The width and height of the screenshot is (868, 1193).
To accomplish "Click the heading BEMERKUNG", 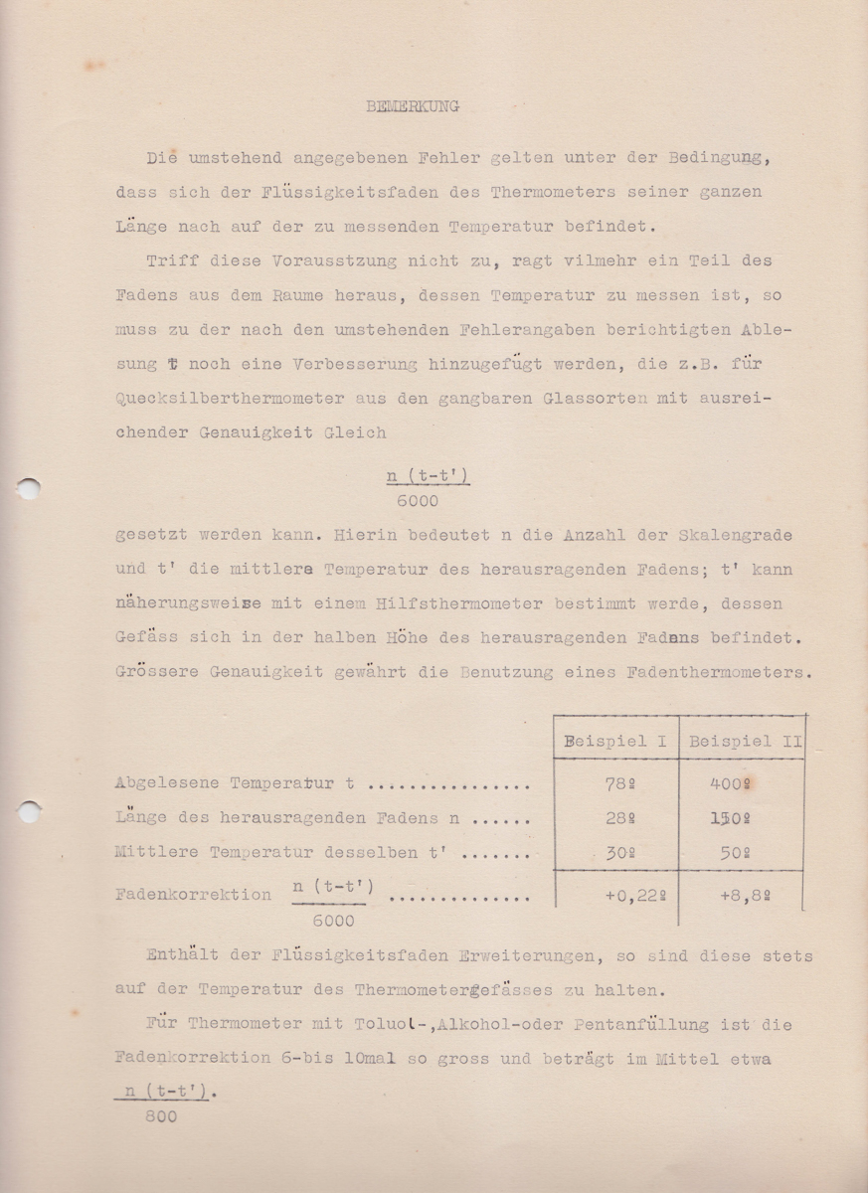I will [x=413, y=106].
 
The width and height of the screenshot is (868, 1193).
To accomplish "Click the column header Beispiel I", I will [x=615, y=741].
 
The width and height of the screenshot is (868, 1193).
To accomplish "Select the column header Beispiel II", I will [x=746, y=741].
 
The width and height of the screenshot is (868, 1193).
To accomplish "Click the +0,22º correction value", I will [x=634, y=894].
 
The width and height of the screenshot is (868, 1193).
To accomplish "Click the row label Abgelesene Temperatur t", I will [x=235, y=783].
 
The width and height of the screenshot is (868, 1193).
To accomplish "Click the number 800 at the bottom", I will [x=160, y=1116].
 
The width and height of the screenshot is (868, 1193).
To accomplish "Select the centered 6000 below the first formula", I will [x=417, y=502].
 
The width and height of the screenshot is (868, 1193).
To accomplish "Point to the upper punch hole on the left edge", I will [x=29, y=488].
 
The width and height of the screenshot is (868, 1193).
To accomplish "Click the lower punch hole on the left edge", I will [x=29, y=810].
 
